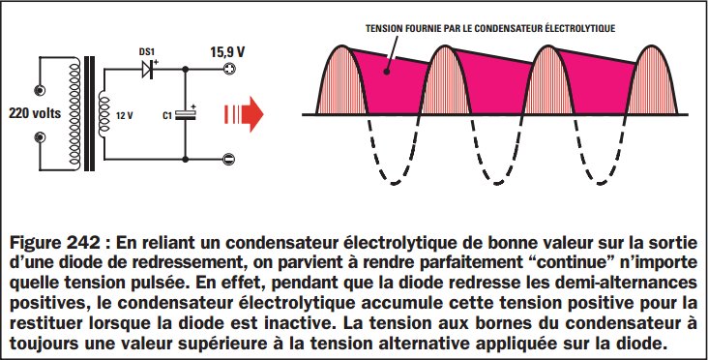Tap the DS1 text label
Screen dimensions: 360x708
(x=147, y=51)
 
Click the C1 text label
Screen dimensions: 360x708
(x=166, y=115)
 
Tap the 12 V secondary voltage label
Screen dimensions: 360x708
(x=123, y=113)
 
